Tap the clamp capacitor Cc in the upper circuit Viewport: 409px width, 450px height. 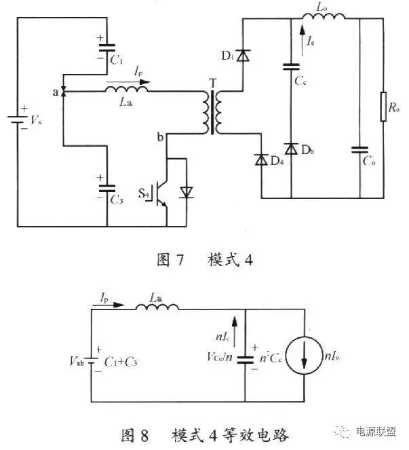point(291,67)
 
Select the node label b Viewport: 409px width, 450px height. point(160,138)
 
